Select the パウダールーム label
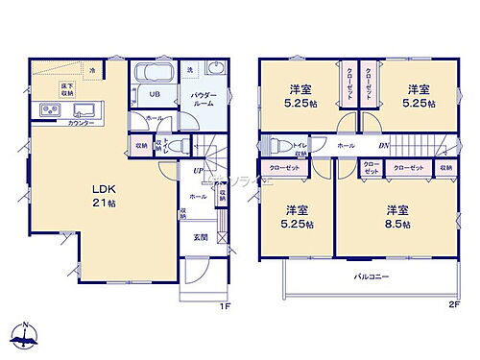202,100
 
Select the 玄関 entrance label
202,237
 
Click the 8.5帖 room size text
399,224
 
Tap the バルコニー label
366,278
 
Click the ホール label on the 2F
345,145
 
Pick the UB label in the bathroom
154,94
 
